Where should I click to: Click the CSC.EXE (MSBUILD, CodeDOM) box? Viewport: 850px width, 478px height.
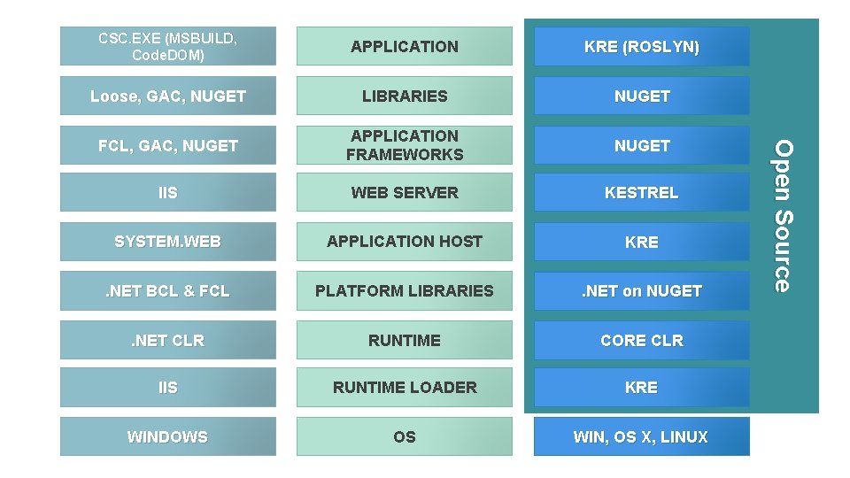[x=167, y=46]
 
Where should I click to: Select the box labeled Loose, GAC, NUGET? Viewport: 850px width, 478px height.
[x=167, y=96]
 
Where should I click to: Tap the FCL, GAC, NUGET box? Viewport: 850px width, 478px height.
[x=167, y=145]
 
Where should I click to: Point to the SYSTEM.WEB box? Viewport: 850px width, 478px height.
[x=167, y=242]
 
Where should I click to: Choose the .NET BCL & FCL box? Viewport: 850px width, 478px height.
[x=167, y=290]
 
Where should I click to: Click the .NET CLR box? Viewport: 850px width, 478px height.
[x=167, y=340]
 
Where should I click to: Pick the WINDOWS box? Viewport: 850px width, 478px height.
[x=167, y=436]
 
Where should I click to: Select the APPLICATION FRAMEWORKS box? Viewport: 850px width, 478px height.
[x=404, y=145]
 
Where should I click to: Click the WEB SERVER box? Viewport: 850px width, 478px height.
[x=404, y=192]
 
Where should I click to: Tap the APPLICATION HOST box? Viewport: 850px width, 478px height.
[x=404, y=242]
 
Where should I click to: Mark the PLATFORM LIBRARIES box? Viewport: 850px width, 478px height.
[x=404, y=290]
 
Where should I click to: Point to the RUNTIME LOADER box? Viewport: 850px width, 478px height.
[x=404, y=387]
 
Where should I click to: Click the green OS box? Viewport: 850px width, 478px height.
[x=404, y=436]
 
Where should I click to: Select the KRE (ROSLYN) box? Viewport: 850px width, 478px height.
[x=641, y=46]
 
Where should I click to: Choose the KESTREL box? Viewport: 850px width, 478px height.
[x=641, y=192]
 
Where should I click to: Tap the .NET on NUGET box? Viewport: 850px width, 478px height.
[x=641, y=290]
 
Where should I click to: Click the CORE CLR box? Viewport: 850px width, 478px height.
[x=641, y=340]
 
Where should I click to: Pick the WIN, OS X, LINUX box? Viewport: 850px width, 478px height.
[x=641, y=436]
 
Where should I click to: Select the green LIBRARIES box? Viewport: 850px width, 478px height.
[x=404, y=96]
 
